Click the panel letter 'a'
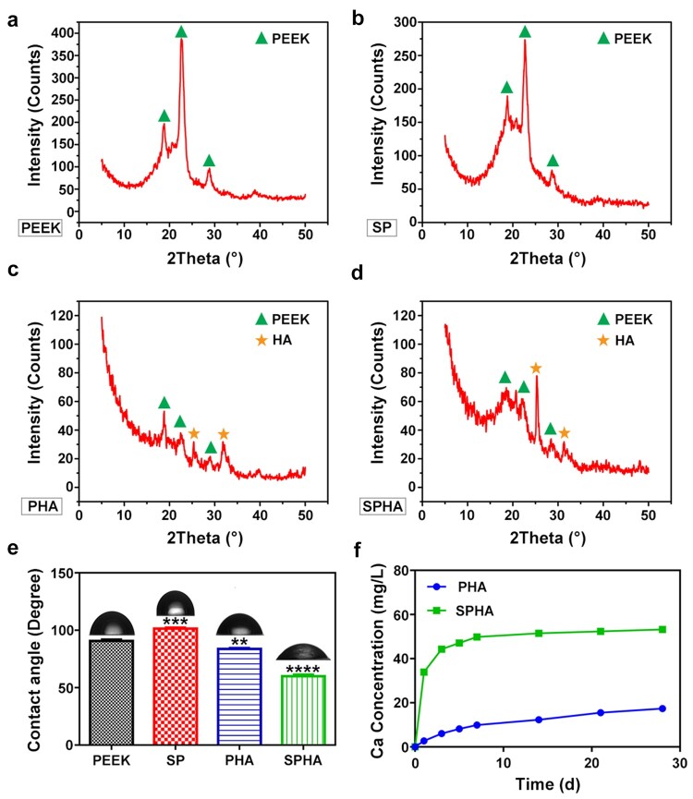(13, 16)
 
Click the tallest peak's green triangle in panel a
(181, 32)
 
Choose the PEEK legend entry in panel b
(627, 38)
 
